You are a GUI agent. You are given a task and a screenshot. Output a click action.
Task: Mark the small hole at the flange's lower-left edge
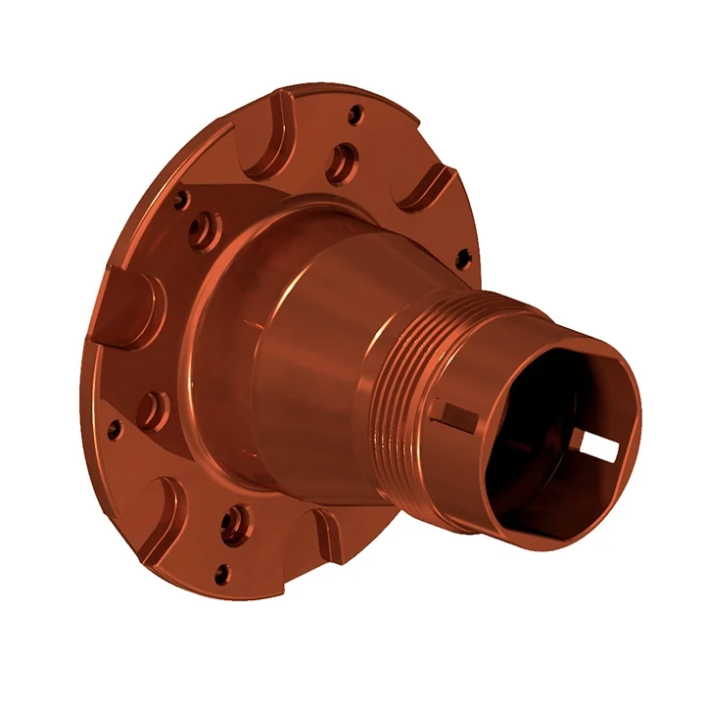[x=115, y=428]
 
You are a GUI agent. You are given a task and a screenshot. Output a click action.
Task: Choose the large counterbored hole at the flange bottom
[x=233, y=524]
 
